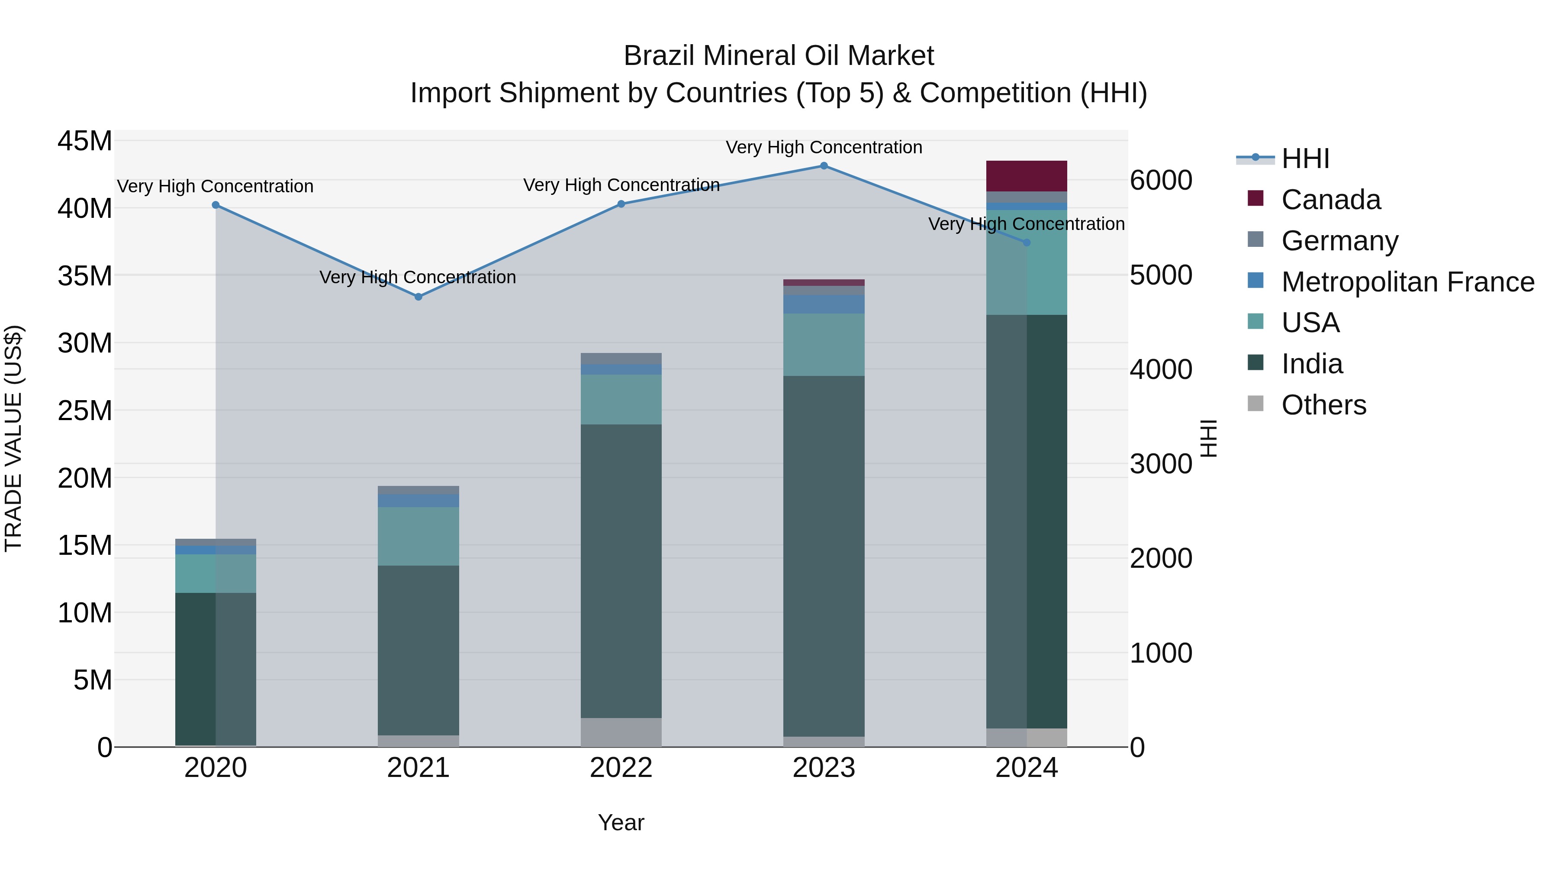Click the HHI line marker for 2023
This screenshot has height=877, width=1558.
824,166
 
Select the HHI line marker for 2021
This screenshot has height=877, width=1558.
418,297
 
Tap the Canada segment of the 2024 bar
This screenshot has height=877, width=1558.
1027,176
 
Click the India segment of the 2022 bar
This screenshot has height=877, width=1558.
621,571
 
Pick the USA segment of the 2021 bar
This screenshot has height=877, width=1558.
418,536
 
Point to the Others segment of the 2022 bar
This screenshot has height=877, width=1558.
621,732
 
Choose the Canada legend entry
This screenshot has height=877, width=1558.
1331,200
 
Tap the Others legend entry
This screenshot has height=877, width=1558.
1323,405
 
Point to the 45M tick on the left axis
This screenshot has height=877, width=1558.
85,142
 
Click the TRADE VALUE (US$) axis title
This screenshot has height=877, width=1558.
13,438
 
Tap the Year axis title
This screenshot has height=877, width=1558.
621,822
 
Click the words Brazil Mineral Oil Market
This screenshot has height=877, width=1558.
779,56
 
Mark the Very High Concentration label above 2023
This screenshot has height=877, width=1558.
824,147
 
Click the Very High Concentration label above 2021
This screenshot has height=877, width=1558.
418,277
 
